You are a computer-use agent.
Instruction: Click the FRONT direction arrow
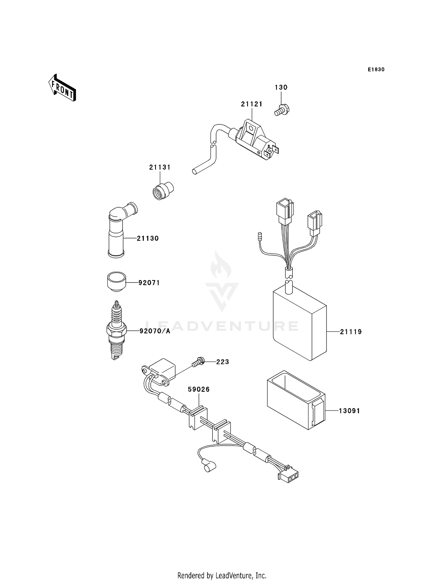[x=62, y=88]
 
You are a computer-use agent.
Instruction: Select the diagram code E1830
[x=376, y=70]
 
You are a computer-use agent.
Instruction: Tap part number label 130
[x=281, y=87]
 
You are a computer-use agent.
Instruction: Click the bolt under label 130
[x=282, y=111]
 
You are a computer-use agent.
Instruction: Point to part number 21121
[x=252, y=104]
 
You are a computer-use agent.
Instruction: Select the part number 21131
[x=160, y=167]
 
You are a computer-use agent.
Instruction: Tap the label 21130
[x=148, y=238]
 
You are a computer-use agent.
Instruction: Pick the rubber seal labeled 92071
[x=116, y=281]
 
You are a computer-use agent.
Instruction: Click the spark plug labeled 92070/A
[x=116, y=330]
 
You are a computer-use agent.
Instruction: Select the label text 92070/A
[x=155, y=331]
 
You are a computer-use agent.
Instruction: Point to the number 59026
[x=199, y=389]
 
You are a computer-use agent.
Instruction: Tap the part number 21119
[x=351, y=332]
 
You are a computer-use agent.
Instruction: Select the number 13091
[x=349, y=411]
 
